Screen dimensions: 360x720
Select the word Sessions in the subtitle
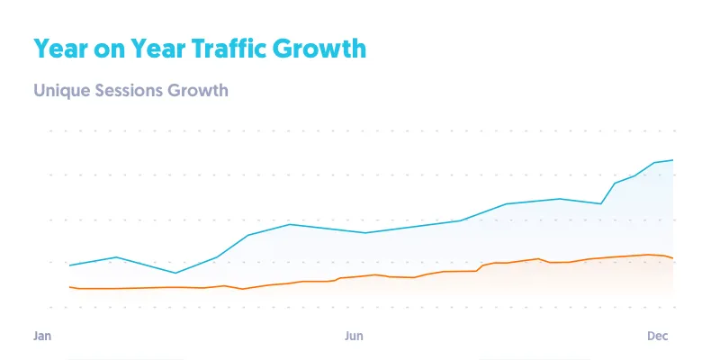[126, 91]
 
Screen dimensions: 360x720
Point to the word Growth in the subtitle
[198, 91]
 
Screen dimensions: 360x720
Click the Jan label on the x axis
[42, 336]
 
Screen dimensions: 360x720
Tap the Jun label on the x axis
[354, 336]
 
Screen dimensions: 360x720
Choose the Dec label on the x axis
[658, 336]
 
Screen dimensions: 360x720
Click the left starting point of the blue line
[70, 265]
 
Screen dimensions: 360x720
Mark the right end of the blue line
[673, 160]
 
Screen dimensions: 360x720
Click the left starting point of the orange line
[70, 286]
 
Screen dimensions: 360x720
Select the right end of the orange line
[673, 258]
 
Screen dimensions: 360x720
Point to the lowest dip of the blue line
[175, 273]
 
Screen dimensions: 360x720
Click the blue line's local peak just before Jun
[289, 224]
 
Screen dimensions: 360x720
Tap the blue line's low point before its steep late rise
[601, 204]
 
